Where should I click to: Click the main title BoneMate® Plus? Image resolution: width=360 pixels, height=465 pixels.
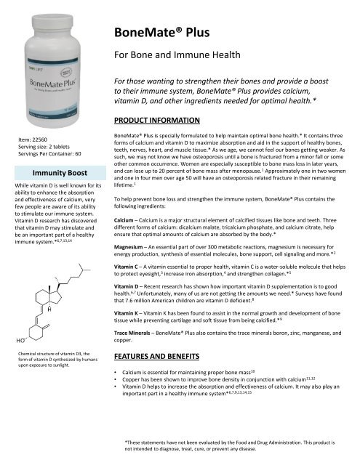[x=167, y=33]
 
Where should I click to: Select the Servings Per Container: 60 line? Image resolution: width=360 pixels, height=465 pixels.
[x=55, y=153]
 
